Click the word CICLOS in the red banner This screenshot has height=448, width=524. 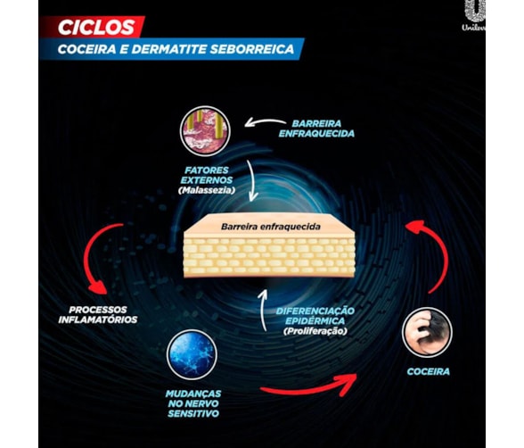pyautogui.click(x=96, y=28)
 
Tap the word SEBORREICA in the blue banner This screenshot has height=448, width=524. pyautogui.click(x=252, y=49)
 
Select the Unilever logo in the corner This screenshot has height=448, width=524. pyautogui.click(x=474, y=15)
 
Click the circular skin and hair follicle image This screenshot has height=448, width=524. pyautogui.click(x=205, y=131)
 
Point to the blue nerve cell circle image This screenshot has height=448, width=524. pyautogui.click(x=192, y=354)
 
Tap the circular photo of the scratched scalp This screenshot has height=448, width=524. pyautogui.click(x=427, y=333)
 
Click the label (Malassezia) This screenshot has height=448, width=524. pyautogui.click(x=207, y=190)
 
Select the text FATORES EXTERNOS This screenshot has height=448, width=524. pyautogui.click(x=207, y=175)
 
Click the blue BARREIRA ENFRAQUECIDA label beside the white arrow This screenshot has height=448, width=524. pyautogui.click(x=316, y=129)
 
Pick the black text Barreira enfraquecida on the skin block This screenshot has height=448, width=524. pyautogui.click(x=271, y=227)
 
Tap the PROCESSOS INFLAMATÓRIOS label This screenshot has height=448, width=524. pyautogui.click(x=98, y=314)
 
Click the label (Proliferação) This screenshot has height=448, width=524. pyautogui.click(x=315, y=331)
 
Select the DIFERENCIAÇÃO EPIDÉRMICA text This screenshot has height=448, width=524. pyautogui.click(x=315, y=316)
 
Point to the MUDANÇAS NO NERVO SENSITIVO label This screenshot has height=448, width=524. pyautogui.click(x=193, y=403)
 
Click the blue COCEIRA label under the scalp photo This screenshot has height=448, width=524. pyautogui.click(x=428, y=372)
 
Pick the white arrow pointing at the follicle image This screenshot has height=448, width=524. pyautogui.click(x=264, y=121)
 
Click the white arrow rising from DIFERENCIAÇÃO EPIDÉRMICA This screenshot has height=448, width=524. pyautogui.click(x=262, y=310)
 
